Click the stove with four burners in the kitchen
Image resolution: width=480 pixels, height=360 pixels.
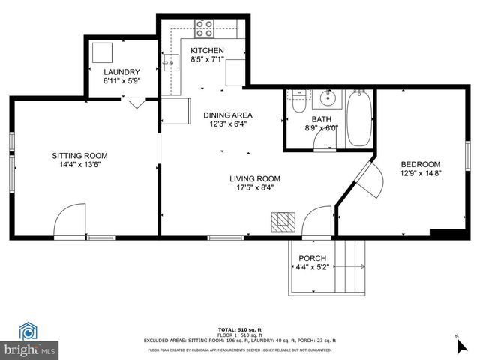204,28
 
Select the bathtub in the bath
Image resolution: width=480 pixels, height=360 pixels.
358,118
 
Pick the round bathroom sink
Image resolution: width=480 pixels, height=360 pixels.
326,98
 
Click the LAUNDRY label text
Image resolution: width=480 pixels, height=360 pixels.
121,72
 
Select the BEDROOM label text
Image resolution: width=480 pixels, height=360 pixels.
420,164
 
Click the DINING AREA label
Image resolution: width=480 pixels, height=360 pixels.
228,115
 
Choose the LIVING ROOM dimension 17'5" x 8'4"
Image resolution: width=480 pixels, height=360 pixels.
255,188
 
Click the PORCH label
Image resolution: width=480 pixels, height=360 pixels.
313,258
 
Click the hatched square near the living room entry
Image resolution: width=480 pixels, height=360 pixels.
283,222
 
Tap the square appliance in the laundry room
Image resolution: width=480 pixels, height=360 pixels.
102,52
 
